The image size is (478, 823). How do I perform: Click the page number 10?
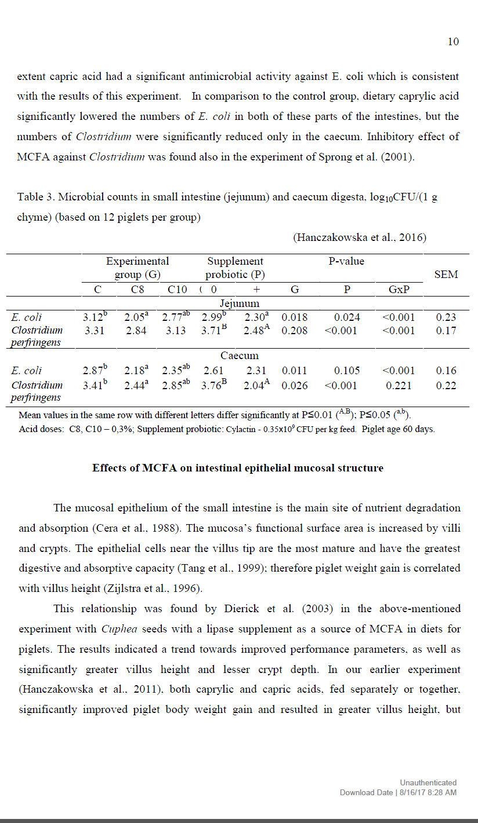453,41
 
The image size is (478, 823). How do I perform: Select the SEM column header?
446,275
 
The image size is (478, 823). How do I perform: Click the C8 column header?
137,290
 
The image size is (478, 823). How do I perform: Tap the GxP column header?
399,290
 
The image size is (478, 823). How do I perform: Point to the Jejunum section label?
239,303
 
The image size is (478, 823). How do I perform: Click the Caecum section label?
239,356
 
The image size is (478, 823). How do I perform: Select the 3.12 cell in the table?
95,317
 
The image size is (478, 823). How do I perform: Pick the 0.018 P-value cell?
295,317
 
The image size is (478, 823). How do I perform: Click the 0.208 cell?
295,331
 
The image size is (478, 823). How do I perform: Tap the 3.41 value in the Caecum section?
95,385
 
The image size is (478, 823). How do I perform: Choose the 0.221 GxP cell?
399,385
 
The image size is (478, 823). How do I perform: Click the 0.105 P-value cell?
347,371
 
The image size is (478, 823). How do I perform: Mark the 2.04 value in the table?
257,385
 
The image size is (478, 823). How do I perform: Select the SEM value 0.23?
446,317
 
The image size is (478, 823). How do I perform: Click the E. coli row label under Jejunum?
27,317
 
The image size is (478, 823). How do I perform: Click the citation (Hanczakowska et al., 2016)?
360,237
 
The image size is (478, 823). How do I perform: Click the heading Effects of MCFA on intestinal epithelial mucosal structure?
238,468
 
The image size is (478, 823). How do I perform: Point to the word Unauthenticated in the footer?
428,782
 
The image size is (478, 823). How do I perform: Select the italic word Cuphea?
118,629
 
